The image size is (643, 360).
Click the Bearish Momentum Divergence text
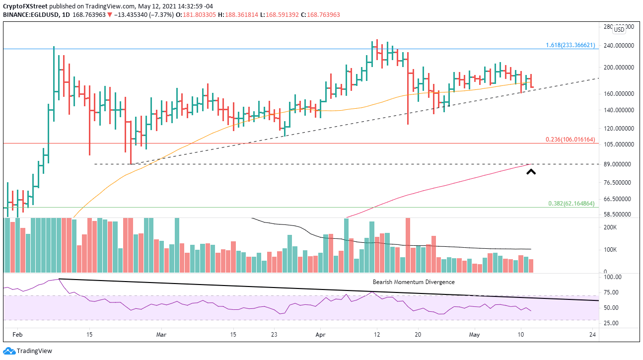pos(414,282)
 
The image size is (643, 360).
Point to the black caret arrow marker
pos(531,172)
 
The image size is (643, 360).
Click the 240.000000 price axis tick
pos(621,46)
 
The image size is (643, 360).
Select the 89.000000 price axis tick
pos(621,164)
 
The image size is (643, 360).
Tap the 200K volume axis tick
pos(610,227)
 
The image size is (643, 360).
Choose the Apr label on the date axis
pos(321,335)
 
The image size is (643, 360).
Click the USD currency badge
pos(619,29)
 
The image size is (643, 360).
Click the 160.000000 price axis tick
pos(621,93)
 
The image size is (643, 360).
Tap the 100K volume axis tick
pos(610,250)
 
